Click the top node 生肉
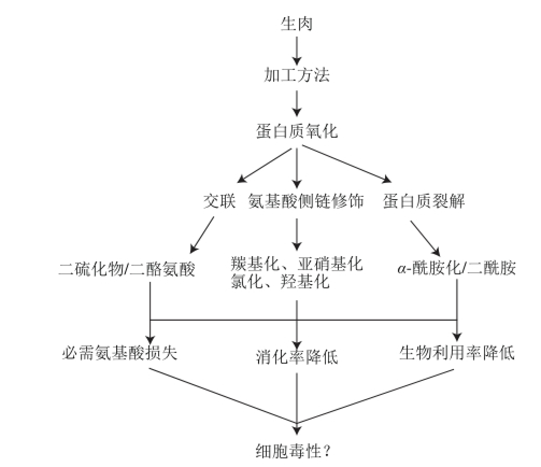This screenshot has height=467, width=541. coord(296,24)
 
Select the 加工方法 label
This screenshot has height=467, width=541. coord(296,75)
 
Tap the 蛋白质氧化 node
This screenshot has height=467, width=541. coord(296,131)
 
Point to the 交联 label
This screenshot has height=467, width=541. coord(219,202)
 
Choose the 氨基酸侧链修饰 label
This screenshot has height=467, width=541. coord(306,202)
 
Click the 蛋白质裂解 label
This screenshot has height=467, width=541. coord(424,202)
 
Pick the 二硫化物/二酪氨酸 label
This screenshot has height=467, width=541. coord(126,269)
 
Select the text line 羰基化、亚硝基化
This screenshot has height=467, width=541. coord(296,264)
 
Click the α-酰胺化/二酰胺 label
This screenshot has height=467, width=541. coord(457,269)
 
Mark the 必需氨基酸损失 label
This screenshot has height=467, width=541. coord(120,353)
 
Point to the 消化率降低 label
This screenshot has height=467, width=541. coord(296,356)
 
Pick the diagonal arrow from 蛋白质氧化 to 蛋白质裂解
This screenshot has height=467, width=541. coord(344,165)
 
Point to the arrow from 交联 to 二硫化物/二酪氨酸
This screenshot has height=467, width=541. coord(203,235)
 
